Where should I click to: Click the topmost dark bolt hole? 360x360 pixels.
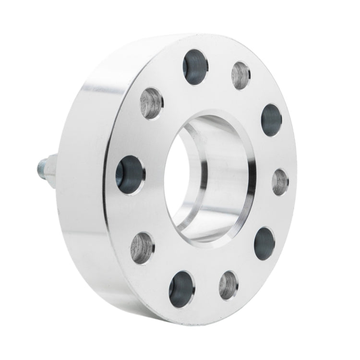[x=194, y=67]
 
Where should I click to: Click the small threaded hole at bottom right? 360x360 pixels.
[x=228, y=285]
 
